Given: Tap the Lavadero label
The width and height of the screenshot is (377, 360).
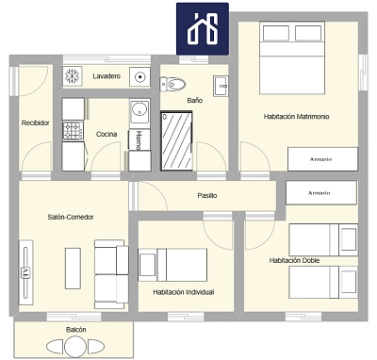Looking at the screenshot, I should tap(107, 76).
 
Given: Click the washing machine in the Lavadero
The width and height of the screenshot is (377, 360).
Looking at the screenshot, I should tap(141, 76).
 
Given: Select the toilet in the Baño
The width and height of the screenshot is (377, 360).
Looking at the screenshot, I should tap(173, 84).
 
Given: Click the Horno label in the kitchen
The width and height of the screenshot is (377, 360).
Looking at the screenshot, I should tap(139, 142).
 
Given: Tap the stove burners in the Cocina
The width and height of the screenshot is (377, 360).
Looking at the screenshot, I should tap(74, 131).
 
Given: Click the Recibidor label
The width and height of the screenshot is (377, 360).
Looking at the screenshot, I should tap(36, 123).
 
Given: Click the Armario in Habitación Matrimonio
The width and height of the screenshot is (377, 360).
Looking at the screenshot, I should tap(321, 159).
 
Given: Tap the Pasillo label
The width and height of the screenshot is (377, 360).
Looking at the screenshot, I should tap(207, 196).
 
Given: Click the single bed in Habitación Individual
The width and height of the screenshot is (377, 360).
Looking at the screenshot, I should tap(172, 264).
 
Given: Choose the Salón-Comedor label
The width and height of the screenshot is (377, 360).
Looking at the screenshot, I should tap(70, 218).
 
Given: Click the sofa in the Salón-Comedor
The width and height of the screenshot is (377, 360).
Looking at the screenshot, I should tap(111, 271).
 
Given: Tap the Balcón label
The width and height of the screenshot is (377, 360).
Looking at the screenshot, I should tap(76, 330).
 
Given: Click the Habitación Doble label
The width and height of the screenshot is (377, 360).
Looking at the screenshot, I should tap(293, 260).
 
